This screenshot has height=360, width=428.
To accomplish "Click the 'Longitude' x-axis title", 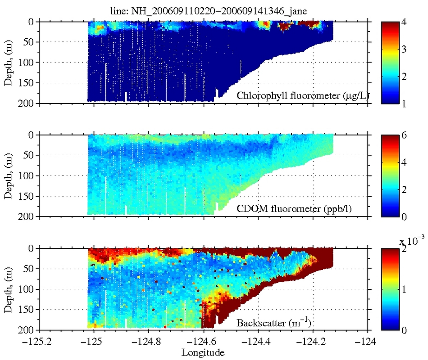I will coord(203,352).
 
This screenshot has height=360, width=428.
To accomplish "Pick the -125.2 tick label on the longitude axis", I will coord(38,341).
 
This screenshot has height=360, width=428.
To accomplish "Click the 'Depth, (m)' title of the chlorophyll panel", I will coord(9,63).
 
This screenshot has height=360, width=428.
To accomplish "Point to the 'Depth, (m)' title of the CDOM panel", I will coord(9,176).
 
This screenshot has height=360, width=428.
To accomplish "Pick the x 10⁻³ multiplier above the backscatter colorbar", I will coord(411,242).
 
